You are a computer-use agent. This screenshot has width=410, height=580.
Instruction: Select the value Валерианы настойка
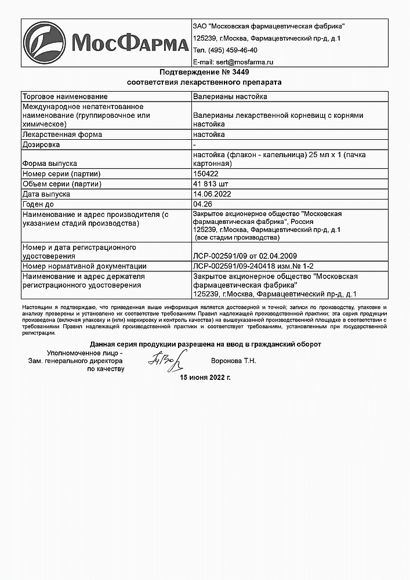click(230, 97)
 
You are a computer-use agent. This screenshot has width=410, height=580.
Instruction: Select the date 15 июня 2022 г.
click(205, 378)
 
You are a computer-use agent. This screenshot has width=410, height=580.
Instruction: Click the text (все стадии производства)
click(238, 238)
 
